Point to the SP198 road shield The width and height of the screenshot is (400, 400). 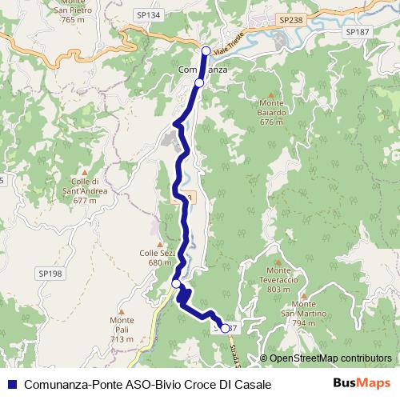(50, 273)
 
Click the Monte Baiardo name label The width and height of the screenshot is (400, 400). (272, 113)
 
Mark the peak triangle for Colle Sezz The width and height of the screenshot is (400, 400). (160, 243)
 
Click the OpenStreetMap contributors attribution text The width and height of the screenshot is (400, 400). (330, 358)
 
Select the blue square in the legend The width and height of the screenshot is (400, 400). (12, 384)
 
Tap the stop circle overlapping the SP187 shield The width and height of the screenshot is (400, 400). (225, 328)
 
